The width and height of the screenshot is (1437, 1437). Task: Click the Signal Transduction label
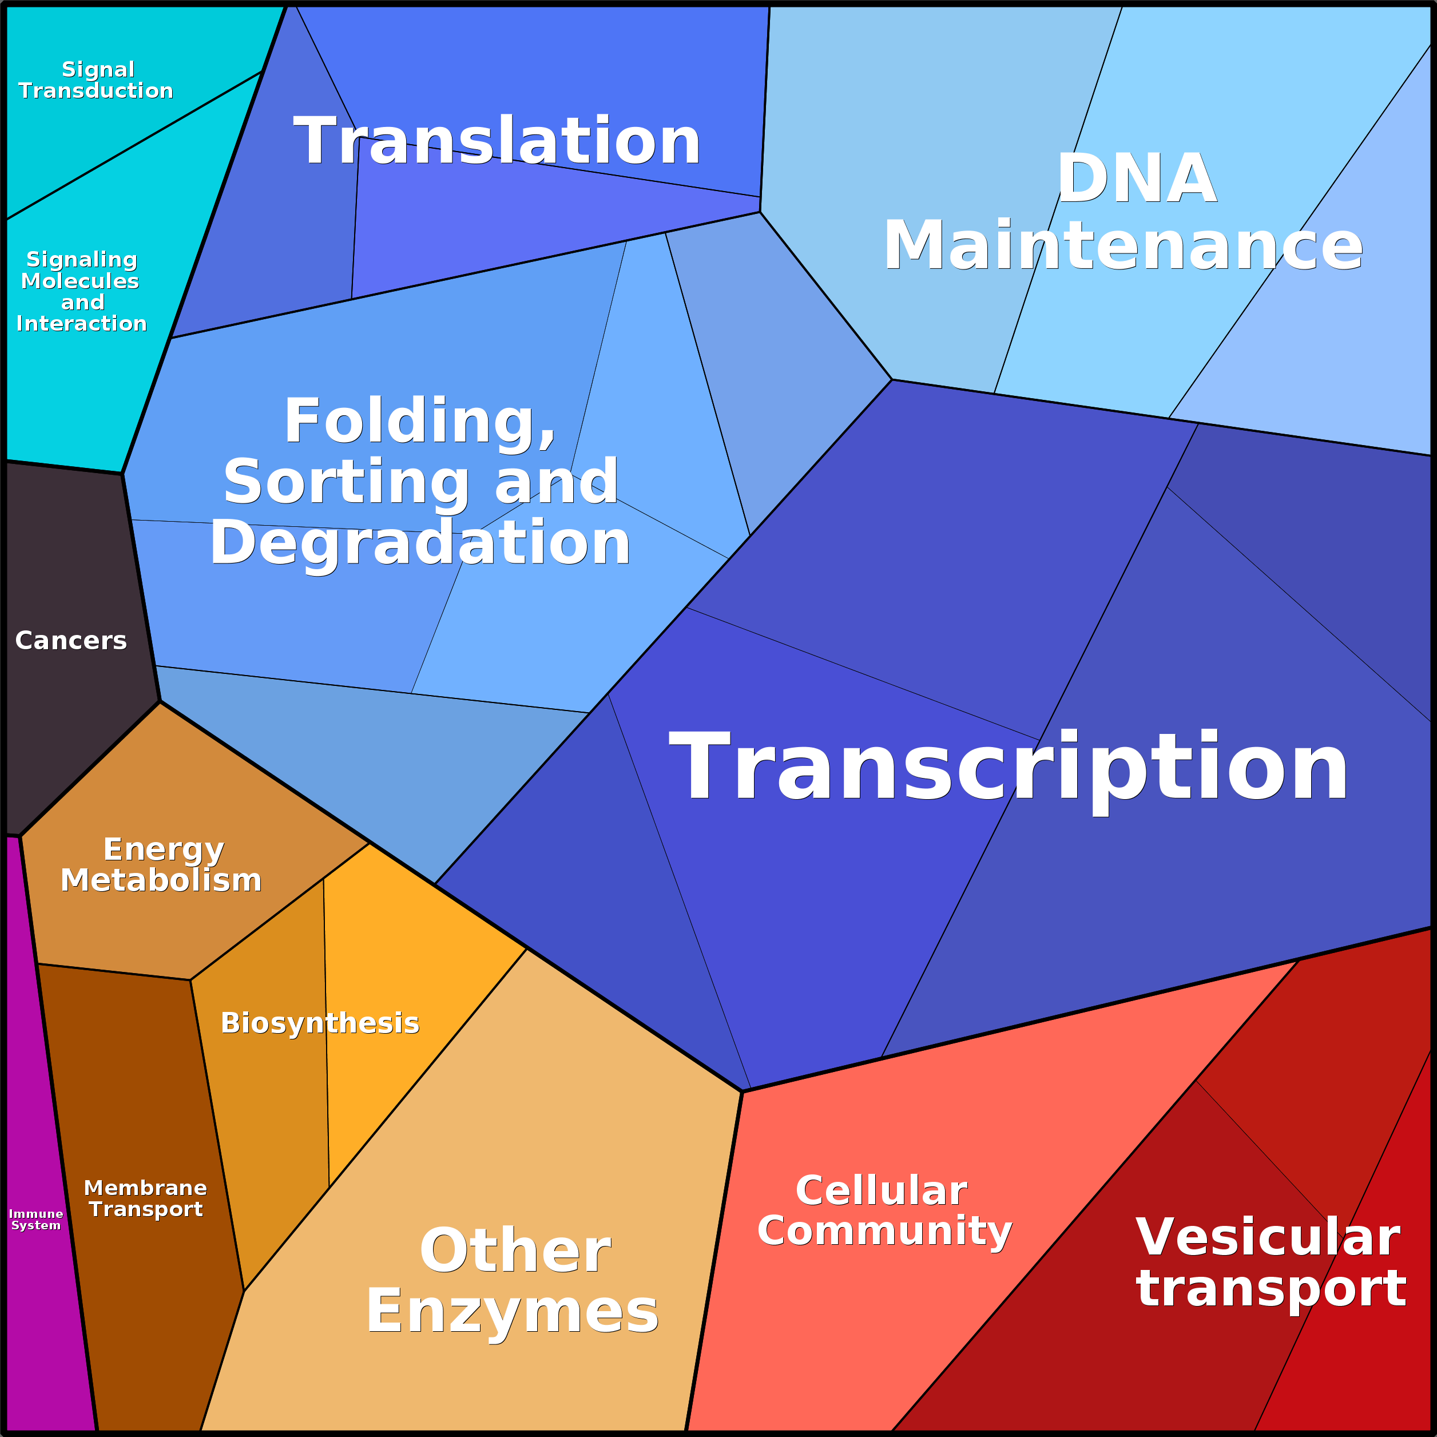[96, 80]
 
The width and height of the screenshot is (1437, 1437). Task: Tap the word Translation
[497, 141]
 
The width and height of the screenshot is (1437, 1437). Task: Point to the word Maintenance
[1122, 246]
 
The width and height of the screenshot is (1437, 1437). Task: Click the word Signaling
[82, 260]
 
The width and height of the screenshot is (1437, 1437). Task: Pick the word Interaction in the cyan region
[82, 324]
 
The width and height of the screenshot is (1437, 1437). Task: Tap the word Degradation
[420, 543]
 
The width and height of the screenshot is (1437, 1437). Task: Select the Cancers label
[71, 640]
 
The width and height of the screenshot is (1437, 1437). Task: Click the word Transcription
[1009, 768]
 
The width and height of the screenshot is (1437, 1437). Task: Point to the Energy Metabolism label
[161, 864]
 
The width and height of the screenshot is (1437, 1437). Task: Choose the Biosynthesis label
[320, 1023]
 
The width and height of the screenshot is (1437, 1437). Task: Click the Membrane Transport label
[146, 1199]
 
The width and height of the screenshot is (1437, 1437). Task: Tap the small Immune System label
[35, 1220]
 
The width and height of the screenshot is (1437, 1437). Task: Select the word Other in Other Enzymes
[515, 1251]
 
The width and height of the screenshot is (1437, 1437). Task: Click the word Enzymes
[512, 1312]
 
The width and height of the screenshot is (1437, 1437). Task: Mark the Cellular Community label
[884, 1211]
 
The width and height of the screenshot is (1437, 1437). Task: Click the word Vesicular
[1268, 1237]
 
